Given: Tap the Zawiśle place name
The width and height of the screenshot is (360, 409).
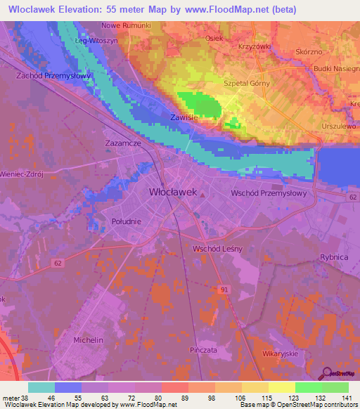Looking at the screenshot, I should click(x=184, y=118).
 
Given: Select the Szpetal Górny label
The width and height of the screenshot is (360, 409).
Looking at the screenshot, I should click(x=245, y=83).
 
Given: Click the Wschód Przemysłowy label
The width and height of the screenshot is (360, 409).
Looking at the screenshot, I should click(x=269, y=193).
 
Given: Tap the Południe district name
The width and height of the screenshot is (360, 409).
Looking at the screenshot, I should click(x=127, y=221).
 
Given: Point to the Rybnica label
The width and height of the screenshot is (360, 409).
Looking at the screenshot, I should click(x=334, y=258).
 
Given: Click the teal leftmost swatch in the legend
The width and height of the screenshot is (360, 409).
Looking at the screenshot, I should click(x=41, y=387).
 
